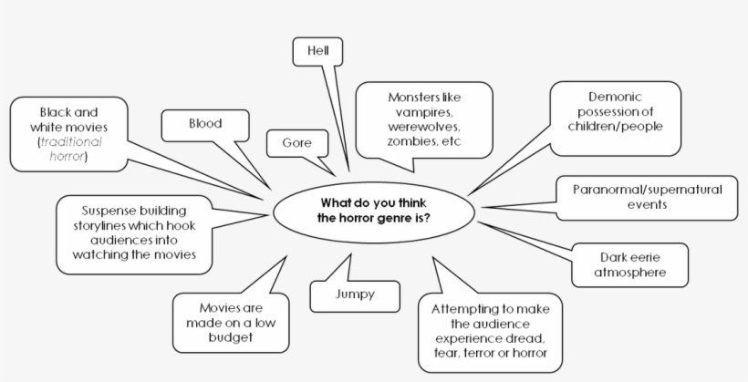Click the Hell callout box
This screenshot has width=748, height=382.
tap(317, 51)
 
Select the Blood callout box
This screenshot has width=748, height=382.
tap(205, 124)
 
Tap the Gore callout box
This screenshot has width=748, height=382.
tap(296, 143)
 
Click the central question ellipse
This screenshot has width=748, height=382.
tap(374, 212)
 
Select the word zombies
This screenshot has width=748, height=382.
tap(409, 143)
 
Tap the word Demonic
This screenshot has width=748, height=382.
tap(616, 96)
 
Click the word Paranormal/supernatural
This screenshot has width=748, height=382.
tap(647, 190)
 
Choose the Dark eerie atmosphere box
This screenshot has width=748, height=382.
tap(629, 264)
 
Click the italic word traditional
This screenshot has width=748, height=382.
tap(72, 143)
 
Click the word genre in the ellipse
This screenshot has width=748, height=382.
tap(391, 220)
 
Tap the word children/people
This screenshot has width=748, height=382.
tap(616, 126)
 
